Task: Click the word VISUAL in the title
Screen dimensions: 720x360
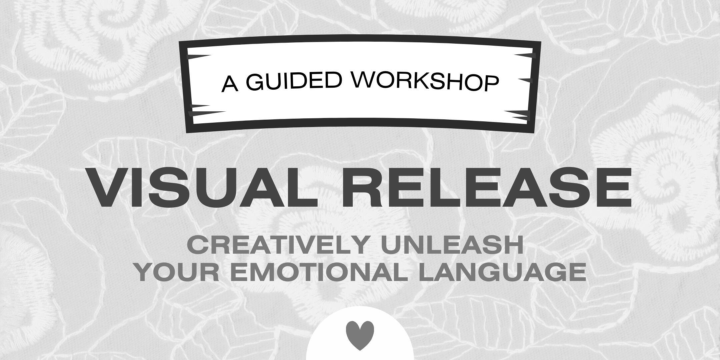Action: click(202, 187)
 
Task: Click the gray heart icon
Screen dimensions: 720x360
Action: click(360, 335)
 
